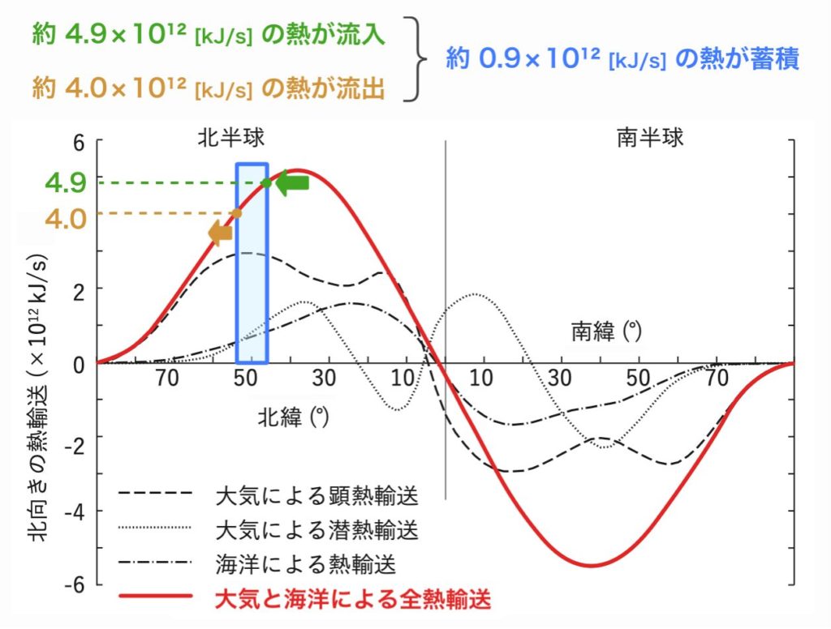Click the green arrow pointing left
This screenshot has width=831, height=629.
(292, 183)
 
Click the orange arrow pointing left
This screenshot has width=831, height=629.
(220, 233)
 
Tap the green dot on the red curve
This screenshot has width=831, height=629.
(266, 182)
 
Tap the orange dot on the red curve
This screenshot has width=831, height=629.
(237, 213)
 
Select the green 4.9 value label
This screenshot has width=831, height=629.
(67, 182)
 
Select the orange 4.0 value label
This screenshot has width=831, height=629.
(66, 219)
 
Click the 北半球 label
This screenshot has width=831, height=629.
(231, 137)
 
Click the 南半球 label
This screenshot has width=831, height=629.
(650, 137)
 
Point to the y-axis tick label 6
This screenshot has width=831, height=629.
(79, 143)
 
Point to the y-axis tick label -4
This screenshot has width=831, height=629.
(75, 511)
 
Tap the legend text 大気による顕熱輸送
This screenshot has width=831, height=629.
(317, 494)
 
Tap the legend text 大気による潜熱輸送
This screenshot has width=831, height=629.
(317, 530)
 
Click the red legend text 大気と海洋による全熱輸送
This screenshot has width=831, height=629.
(353, 601)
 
